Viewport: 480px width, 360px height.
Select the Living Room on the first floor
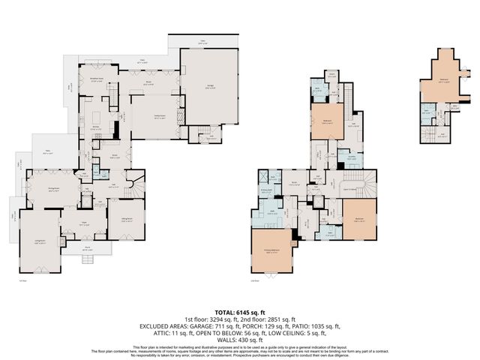click(x=37, y=240)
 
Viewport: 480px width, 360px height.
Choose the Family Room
click(x=158, y=117)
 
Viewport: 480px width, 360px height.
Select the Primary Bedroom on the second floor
click(x=274, y=252)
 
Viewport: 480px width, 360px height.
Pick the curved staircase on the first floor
click(x=133, y=182)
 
